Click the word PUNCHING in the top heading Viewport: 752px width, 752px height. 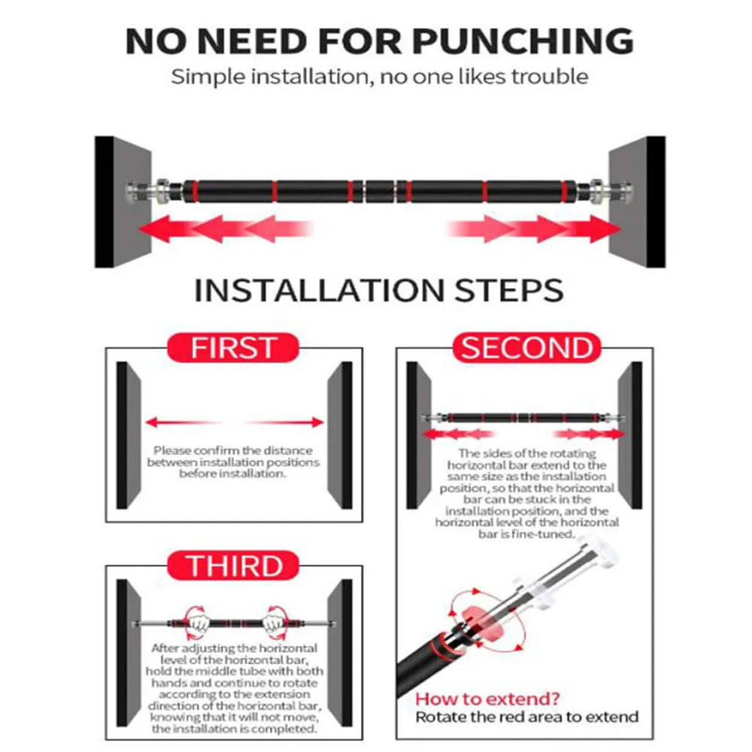tap(523, 41)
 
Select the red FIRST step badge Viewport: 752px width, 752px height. tap(233, 347)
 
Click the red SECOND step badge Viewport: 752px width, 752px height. tap(526, 347)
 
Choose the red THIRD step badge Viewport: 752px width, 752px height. tap(233, 566)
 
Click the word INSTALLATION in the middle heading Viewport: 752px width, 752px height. tap(320, 290)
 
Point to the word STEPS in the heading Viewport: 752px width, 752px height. tap(509, 290)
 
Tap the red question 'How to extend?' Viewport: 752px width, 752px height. tap(487, 699)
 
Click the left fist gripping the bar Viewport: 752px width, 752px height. tap(198, 623)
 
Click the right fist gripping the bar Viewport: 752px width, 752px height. tap(274, 623)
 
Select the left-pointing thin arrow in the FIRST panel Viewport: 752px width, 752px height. tap(182, 423)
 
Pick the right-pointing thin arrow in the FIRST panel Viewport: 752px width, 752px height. tap(285, 423)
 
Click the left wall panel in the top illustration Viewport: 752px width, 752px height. tap(123, 202)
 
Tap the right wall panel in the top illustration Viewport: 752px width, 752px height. tap(637, 202)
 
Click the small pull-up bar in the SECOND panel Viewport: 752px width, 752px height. tap(523, 417)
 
